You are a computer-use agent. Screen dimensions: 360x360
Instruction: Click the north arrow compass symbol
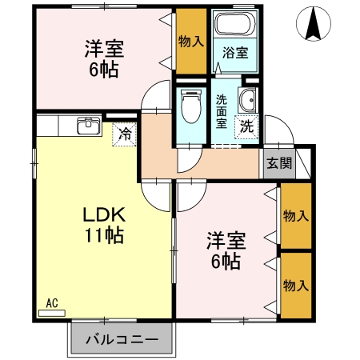313,24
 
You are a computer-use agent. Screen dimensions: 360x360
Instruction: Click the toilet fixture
191,107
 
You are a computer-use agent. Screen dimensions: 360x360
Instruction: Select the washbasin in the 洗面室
248,102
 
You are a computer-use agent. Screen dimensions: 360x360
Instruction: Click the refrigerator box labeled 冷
125,134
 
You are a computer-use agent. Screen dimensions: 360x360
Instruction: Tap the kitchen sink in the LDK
89,126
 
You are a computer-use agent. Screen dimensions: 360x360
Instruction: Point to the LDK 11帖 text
104,225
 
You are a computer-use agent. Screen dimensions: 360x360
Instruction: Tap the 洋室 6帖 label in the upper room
102,58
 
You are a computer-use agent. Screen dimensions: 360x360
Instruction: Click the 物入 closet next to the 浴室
191,40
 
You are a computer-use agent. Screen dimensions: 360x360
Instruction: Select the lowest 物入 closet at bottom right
296,286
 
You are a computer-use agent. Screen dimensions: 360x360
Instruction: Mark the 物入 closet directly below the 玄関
296,215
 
